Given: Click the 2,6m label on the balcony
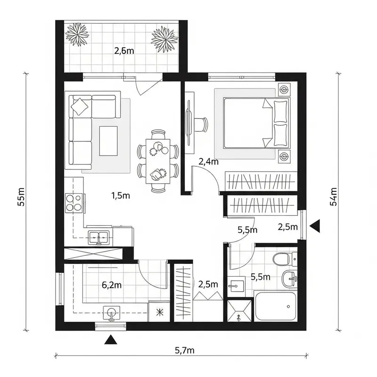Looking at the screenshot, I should coord(124,51).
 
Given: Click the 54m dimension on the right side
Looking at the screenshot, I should coord(334,197).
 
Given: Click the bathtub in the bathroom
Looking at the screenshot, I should coord(275,307).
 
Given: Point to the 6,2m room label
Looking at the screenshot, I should coord(112,285).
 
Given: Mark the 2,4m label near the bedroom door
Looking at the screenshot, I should coord(208,162).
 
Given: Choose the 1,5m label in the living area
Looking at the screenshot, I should coord(120,196).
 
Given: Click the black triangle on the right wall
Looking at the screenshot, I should coord(315,227).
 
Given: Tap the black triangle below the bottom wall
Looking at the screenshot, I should coord(111,339).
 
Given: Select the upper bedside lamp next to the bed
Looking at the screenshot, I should coord(283,89).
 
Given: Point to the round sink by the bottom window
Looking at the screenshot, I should coord(112,312).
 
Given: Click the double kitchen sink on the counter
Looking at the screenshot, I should coord(98,237).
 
